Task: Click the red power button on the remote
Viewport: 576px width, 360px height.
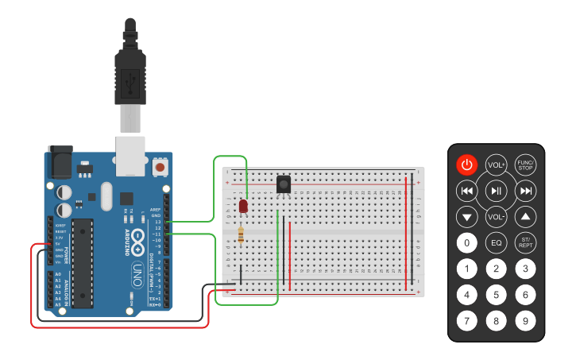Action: click(467, 165)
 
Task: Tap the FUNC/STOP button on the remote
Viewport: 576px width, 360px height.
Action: click(525, 165)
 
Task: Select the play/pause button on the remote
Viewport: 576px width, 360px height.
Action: click(497, 191)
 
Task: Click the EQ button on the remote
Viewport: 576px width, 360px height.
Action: click(497, 242)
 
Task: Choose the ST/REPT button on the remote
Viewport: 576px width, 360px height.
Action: click(525, 242)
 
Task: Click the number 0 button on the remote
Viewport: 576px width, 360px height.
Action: click(467, 242)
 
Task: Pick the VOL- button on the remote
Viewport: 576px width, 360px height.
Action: click(497, 216)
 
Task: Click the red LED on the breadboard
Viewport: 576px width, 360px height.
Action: click(243, 207)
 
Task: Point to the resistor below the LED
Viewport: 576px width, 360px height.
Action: click(241, 235)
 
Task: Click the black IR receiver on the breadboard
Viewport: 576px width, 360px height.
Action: click(283, 184)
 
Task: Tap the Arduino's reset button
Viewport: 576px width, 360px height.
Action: click(160, 167)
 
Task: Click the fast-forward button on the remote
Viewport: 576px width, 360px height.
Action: click(525, 191)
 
